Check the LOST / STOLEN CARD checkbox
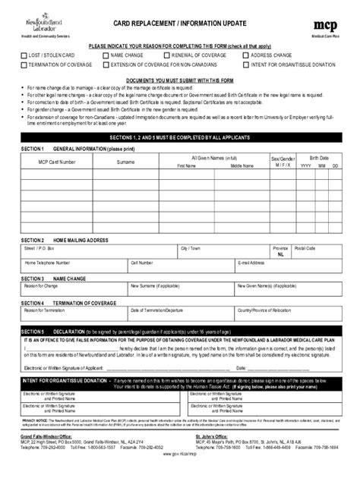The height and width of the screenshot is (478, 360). (24, 55)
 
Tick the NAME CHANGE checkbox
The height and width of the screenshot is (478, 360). (105, 55)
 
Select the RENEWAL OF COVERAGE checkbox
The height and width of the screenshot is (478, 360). (166, 55)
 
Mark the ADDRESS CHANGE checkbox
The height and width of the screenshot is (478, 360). (246, 55)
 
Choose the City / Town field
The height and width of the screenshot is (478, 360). (220, 254)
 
